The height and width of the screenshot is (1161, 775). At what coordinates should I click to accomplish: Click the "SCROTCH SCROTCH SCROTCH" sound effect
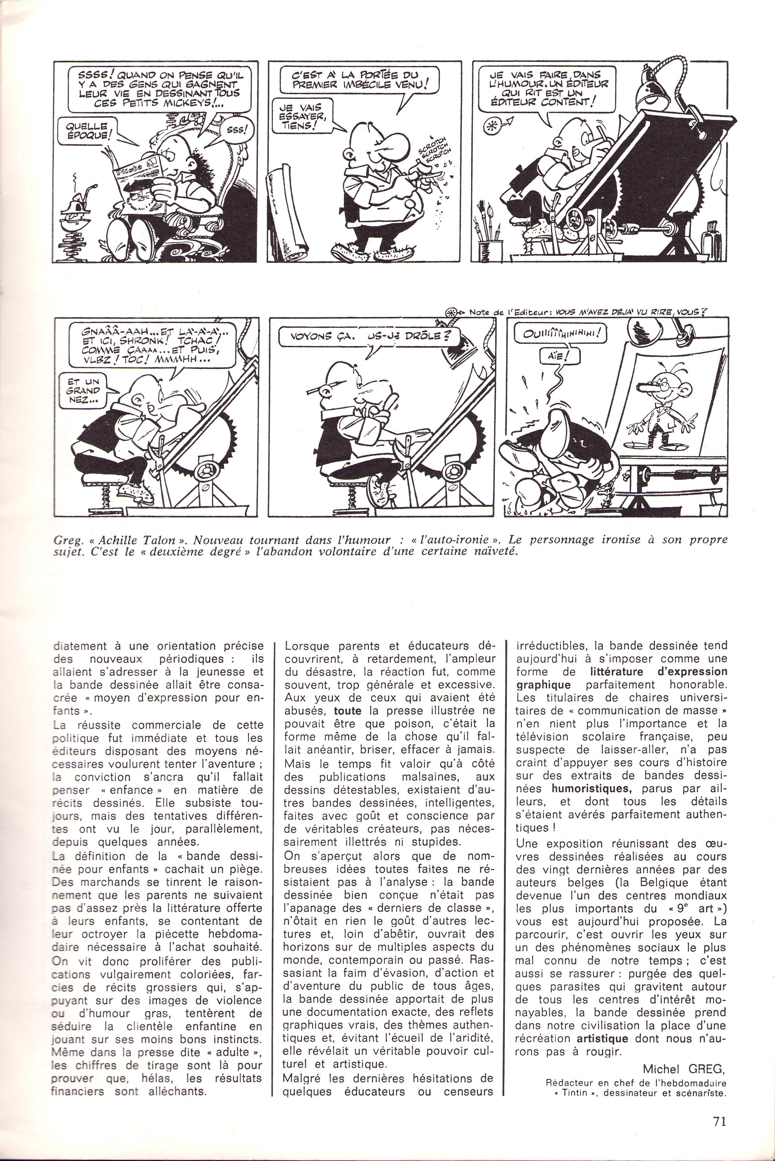[x=434, y=149]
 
